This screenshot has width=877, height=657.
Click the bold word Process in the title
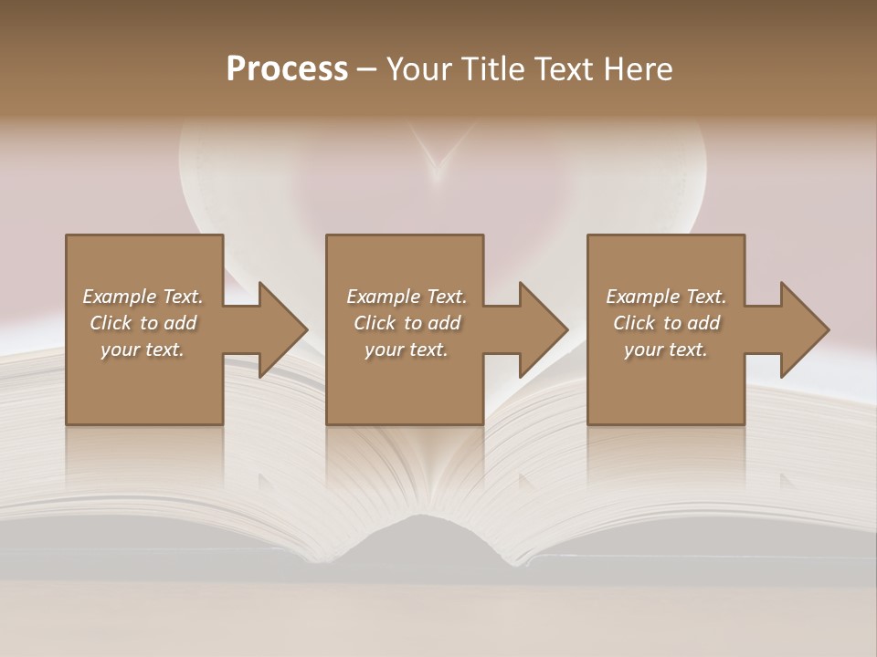click(287, 69)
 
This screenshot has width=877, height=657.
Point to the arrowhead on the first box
click(283, 329)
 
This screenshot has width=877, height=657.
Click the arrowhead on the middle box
click(544, 329)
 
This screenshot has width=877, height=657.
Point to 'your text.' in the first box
click(143, 349)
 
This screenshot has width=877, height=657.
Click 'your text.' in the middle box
click(407, 349)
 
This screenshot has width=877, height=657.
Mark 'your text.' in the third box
click(666, 349)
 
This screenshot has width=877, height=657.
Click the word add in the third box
click(703, 323)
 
